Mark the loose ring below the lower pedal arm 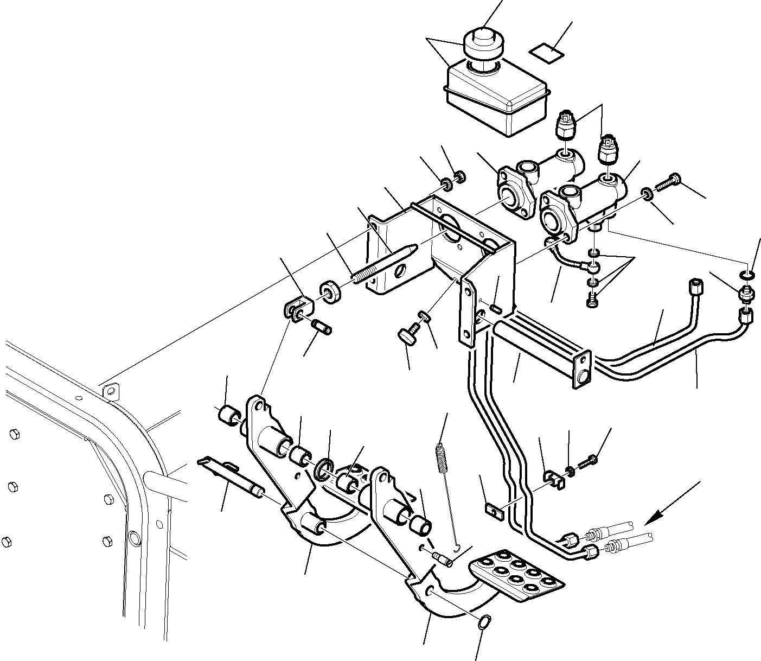tap(485, 622)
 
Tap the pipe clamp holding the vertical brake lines tap(553, 476)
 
